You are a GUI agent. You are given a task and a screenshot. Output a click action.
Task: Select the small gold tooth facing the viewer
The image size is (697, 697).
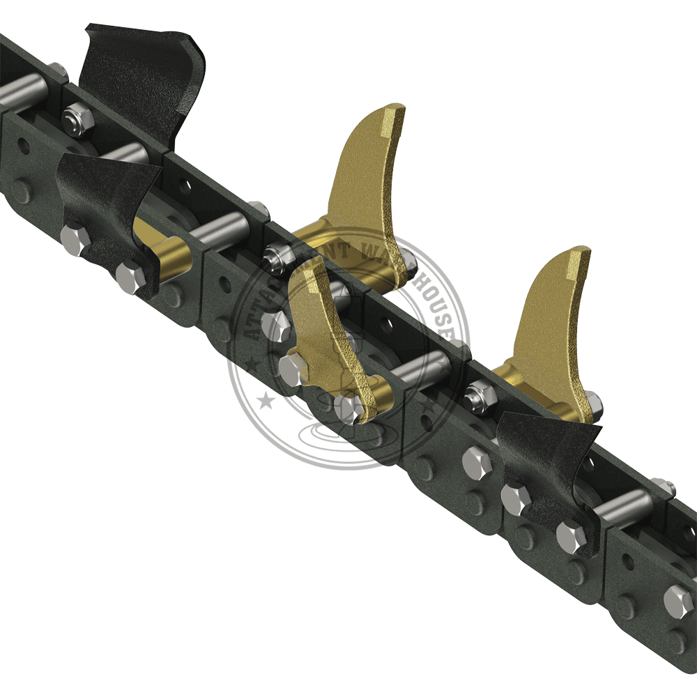(x=328, y=335)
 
